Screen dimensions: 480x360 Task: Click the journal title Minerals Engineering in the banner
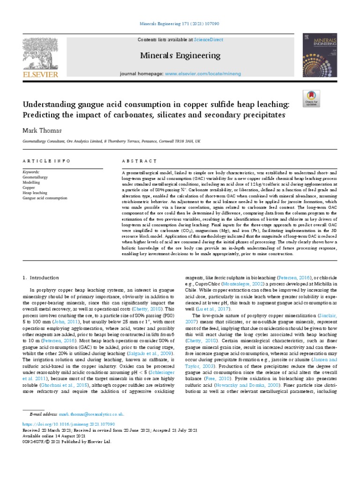click(x=180, y=56)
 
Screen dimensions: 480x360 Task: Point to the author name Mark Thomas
click(x=41, y=130)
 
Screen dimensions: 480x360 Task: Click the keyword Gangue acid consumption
click(x=45, y=198)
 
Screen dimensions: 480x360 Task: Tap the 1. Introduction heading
click(x=41, y=277)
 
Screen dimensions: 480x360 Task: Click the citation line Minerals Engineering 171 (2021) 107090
click(x=180, y=23)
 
